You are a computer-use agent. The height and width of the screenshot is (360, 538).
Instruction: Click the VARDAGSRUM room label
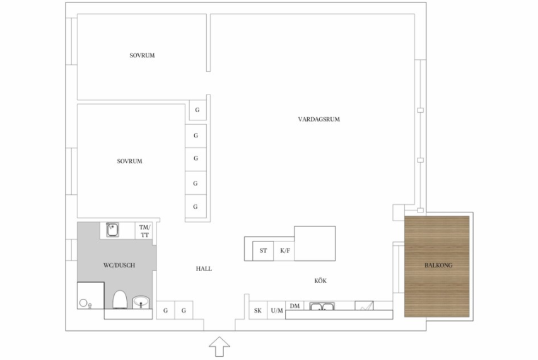[x=319, y=119]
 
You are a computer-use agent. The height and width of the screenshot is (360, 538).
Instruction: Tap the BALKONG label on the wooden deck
[x=438, y=265]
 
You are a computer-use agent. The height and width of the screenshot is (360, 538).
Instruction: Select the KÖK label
[x=320, y=281]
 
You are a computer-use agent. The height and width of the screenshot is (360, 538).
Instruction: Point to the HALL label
[x=204, y=269]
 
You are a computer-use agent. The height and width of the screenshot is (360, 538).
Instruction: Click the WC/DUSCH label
[x=119, y=265]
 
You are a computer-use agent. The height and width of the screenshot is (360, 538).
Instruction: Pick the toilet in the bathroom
[x=120, y=299]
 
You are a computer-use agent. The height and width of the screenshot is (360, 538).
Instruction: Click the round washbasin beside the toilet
[x=141, y=302]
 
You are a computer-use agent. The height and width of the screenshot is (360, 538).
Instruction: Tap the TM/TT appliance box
[x=144, y=231]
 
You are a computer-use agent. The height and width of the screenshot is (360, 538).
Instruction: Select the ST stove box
[x=263, y=251]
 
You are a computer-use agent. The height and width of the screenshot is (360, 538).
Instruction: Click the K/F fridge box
[x=284, y=251]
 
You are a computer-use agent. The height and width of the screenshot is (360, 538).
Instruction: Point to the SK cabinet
[x=258, y=310]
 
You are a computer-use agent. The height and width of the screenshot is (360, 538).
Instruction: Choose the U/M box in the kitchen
[x=276, y=310]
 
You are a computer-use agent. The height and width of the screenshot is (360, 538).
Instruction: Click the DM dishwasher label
[x=295, y=306]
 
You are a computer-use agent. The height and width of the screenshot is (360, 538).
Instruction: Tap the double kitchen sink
[x=322, y=306]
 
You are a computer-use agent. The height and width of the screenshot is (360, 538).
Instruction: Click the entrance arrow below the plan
[x=219, y=347]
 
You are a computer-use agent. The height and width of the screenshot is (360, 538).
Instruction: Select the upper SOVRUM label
[x=142, y=55]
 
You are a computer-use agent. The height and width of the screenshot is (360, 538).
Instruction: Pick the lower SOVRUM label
[x=129, y=161]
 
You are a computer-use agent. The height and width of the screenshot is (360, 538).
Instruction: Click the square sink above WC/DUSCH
[x=112, y=229]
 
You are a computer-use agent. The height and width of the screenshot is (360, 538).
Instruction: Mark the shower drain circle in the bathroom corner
[x=83, y=303]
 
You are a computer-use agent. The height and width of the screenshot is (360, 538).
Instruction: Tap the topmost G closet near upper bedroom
[x=197, y=110]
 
